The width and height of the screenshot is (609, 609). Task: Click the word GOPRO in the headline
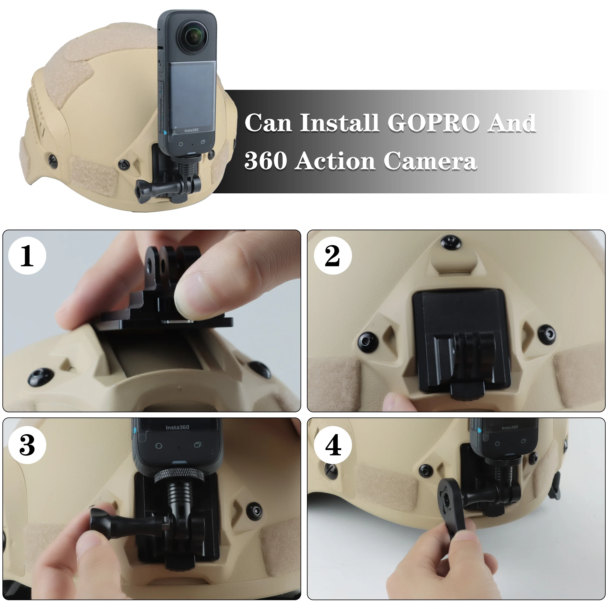pos(433,123)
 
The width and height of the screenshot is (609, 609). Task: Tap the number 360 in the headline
pos(266,161)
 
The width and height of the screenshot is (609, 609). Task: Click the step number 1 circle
pos(27,256)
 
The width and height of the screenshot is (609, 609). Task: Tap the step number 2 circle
pos(333,256)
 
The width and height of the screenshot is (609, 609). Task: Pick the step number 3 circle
pos(27,445)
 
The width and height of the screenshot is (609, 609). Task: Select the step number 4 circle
pos(333,445)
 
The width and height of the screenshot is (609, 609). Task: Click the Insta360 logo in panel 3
pos(178,428)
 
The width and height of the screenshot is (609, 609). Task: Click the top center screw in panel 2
pos(451,242)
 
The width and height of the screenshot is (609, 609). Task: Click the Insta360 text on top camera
pos(191,130)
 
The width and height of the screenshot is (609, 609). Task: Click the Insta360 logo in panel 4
pos(510,428)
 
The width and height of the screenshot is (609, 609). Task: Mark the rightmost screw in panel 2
pos(547,333)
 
